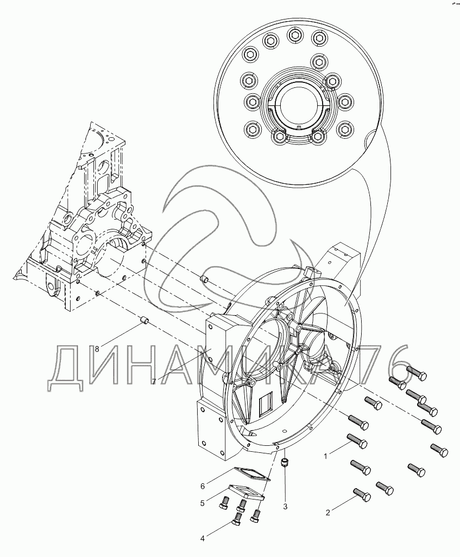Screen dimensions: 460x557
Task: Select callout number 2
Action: (x=328, y=512)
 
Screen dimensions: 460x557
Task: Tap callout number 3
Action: (x=285, y=507)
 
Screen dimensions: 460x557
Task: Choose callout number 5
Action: (x=203, y=503)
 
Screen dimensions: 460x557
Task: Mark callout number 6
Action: (x=203, y=486)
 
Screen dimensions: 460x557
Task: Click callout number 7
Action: (x=154, y=381)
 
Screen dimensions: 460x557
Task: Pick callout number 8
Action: (x=97, y=349)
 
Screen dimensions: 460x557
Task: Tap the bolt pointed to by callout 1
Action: (x=357, y=440)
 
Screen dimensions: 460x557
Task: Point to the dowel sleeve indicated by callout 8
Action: (x=144, y=319)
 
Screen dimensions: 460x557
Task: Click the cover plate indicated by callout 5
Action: (x=246, y=492)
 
